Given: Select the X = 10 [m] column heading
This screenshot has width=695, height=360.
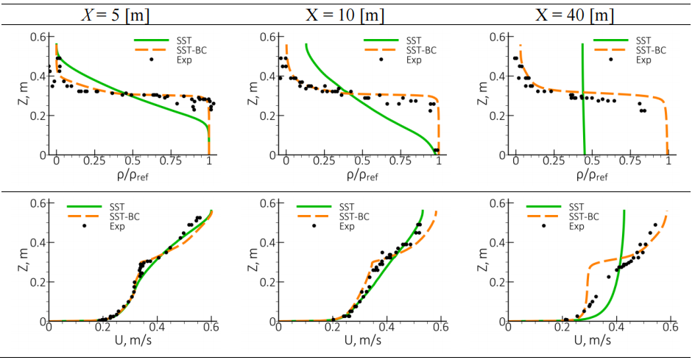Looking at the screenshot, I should point(344,13).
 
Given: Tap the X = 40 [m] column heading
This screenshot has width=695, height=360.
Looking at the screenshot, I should point(575,13).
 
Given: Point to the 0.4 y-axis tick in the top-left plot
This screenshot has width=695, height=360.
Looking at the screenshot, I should point(39,76).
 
